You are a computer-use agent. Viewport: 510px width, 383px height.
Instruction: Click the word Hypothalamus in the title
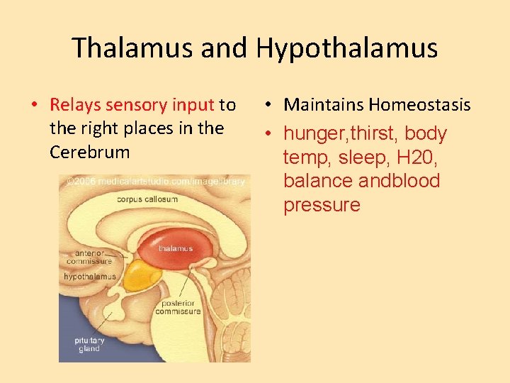pos(347,48)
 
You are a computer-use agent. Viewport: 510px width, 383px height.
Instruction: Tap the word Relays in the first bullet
pos(76,106)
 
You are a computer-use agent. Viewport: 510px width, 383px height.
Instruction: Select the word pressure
pos(322,206)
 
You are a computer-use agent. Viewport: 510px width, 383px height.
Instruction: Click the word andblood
pos(399,182)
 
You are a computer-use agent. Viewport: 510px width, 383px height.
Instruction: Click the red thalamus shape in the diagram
pos(175,248)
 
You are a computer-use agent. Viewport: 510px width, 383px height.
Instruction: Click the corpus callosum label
pos(147,200)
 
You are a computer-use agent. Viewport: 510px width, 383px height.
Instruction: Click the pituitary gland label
pos(89,345)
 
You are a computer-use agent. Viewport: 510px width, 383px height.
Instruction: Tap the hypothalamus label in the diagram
pos(90,277)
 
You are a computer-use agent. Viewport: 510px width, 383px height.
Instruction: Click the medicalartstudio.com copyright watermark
pos(155,182)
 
